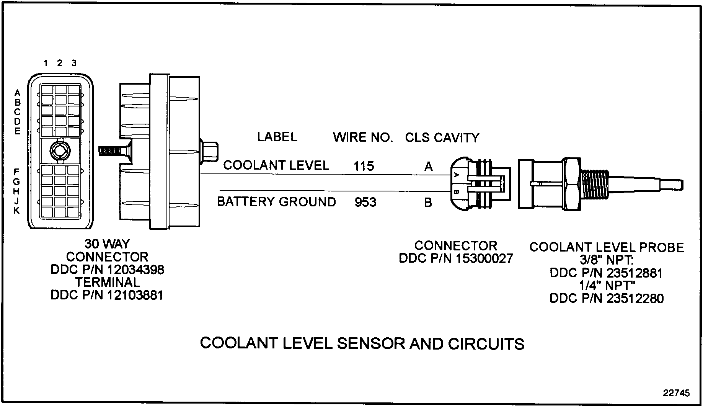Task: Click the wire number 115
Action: tap(364, 166)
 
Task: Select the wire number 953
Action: tap(365, 202)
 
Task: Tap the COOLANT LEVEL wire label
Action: tap(276, 165)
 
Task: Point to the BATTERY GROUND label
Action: tap(276, 202)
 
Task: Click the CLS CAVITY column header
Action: tap(442, 138)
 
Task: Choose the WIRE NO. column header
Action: tap(363, 137)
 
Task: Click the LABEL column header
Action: tap(277, 137)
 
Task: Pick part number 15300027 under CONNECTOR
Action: tap(484, 258)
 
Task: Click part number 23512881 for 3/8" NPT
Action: tap(634, 273)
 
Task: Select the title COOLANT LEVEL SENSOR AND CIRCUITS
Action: tap(362, 343)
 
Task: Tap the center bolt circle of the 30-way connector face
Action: tap(59, 151)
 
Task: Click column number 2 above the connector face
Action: tap(59, 63)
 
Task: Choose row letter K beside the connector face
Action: tap(17, 210)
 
